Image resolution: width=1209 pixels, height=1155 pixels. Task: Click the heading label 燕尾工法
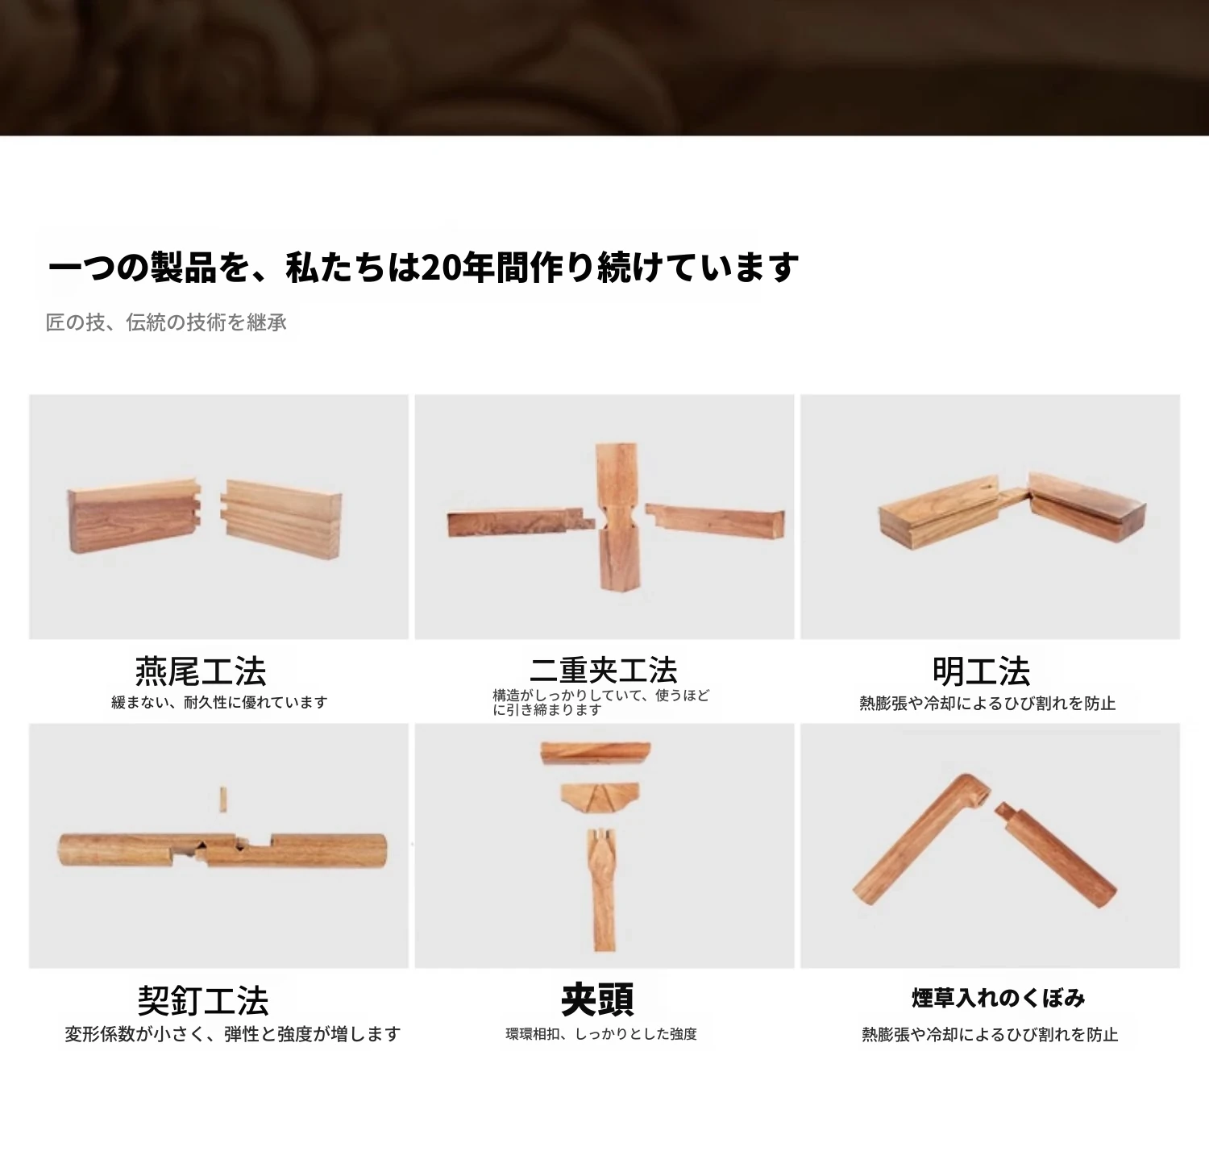[x=201, y=671]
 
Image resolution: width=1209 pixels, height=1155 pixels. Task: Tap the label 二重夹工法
[x=604, y=670]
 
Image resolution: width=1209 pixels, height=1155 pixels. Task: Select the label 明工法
[x=981, y=671]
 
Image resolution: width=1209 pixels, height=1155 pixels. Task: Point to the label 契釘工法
[x=202, y=1000]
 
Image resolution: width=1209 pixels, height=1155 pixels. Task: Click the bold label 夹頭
[x=597, y=999]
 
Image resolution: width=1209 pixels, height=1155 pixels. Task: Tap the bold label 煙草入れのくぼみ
[x=998, y=998]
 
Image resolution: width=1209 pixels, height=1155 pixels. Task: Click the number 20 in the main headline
[x=438, y=268]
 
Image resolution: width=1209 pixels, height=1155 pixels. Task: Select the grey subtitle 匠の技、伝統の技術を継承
[x=166, y=322]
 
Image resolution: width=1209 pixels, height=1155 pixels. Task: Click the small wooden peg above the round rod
[x=222, y=799]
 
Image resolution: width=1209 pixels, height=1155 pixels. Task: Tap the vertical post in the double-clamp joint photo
[x=617, y=516]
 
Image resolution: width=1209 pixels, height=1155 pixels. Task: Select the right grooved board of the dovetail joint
[x=281, y=520]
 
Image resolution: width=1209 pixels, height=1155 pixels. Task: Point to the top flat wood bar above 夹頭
[x=596, y=754]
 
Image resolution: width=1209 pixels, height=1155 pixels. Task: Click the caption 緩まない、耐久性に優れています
[x=219, y=702]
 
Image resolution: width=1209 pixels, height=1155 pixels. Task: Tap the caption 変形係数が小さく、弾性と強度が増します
[x=232, y=1033]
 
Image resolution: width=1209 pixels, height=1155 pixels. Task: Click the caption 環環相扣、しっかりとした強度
[x=601, y=1033]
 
